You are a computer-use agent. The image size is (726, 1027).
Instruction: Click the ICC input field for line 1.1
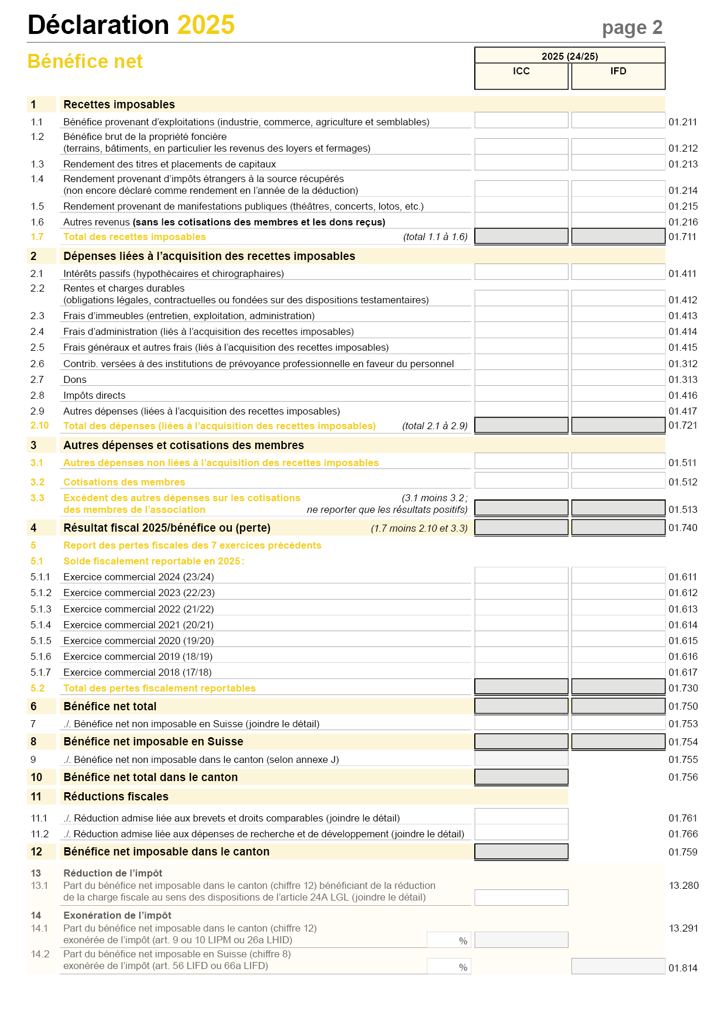[521, 121]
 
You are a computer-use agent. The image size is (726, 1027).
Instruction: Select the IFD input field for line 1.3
[618, 163]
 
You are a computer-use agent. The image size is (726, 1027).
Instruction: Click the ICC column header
[521, 71]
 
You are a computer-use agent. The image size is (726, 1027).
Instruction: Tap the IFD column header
[618, 71]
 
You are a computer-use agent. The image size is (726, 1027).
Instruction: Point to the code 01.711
[683, 237]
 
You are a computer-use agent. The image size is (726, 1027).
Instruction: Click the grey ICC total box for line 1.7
[521, 236]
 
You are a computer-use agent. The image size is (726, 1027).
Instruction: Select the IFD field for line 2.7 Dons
[618, 378]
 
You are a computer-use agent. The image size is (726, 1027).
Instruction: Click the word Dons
[75, 379]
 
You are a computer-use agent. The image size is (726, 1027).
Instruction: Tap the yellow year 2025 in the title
[206, 25]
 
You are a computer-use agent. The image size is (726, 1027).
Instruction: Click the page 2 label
[632, 28]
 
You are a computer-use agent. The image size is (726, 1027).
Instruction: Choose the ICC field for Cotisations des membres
[521, 481]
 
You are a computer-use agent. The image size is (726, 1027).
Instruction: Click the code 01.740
[683, 528]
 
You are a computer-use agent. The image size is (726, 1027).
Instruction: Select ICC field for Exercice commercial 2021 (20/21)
[521, 624]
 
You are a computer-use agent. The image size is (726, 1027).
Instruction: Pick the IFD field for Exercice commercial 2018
[618, 671]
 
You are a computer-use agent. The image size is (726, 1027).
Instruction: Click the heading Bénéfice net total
[110, 706]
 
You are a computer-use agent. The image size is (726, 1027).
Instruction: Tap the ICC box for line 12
[521, 851]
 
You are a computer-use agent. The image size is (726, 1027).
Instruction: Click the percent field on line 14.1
[448, 940]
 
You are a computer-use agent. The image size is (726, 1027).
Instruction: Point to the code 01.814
[683, 968]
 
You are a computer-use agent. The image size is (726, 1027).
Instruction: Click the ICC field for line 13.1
[521, 897]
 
